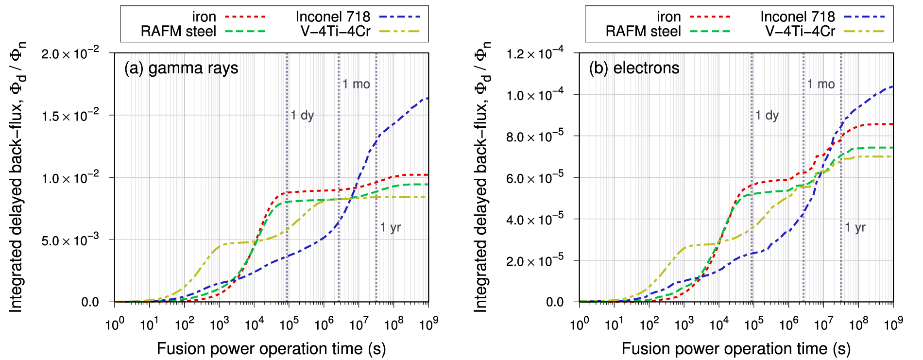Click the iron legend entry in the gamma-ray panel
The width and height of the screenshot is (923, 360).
(x=204, y=17)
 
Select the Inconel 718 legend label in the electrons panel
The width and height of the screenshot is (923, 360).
(x=797, y=17)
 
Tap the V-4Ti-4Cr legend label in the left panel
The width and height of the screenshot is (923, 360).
(x=335, y=32)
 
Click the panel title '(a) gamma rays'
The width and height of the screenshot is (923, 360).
(x=181, y=68)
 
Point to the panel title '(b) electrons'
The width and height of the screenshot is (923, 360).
(x=634, y=68)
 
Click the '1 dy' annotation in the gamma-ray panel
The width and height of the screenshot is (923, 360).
(x=302, y=116)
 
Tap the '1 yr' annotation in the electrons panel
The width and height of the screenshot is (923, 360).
(x=855, y=227)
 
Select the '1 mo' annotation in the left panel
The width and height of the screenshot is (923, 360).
(x=356, y=85)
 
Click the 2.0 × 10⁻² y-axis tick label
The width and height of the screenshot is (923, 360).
(x=70, y=53)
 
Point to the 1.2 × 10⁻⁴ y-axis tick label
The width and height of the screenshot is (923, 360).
(x=535, y=53)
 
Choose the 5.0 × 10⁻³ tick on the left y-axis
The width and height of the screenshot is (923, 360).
(x=70, y=240)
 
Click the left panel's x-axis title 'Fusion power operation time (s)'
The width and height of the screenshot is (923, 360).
(x=271, y=348)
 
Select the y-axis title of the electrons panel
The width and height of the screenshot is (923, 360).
(x=481, y=177)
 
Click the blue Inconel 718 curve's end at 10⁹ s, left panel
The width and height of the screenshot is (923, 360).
(x=427, y=98)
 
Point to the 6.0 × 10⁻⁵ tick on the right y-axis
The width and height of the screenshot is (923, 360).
(x=535, y=178)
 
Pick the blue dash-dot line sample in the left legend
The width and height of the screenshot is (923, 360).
(x=399, y=17)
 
